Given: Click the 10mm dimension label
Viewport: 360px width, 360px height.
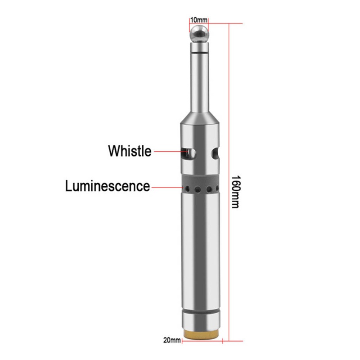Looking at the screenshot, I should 199,20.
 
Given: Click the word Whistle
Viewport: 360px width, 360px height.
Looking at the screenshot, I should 130,151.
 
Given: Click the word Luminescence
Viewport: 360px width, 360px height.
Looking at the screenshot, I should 108,186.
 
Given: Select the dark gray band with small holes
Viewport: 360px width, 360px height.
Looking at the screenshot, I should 201,186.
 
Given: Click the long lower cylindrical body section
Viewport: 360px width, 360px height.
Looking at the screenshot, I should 201,252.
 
